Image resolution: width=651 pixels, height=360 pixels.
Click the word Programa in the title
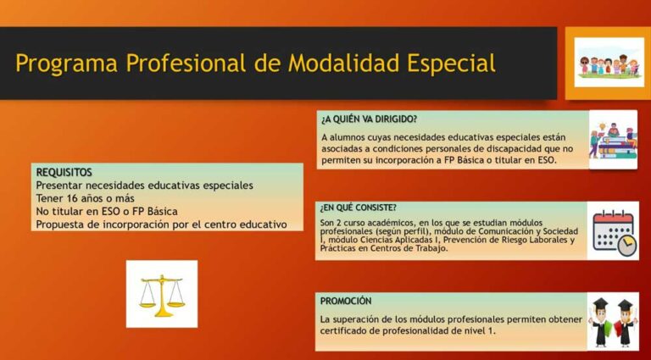pyautogui.click(x=66, y=64)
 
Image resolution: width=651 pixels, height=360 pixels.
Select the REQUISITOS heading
pyautogui.click(x=64, y=172)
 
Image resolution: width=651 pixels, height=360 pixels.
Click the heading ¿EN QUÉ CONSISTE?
pyautogui.click(x=359, y=208)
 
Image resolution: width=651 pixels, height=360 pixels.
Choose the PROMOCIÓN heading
pyautogui.click(x=346, y=301)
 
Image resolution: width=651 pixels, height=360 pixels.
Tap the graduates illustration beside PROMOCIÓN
pyautogui.click(x=614, y=321)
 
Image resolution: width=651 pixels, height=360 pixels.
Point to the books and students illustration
pyautogui.click(x=612, y=139)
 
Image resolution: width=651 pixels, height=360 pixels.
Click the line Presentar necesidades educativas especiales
pyautogui.click(x=144, y=186)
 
